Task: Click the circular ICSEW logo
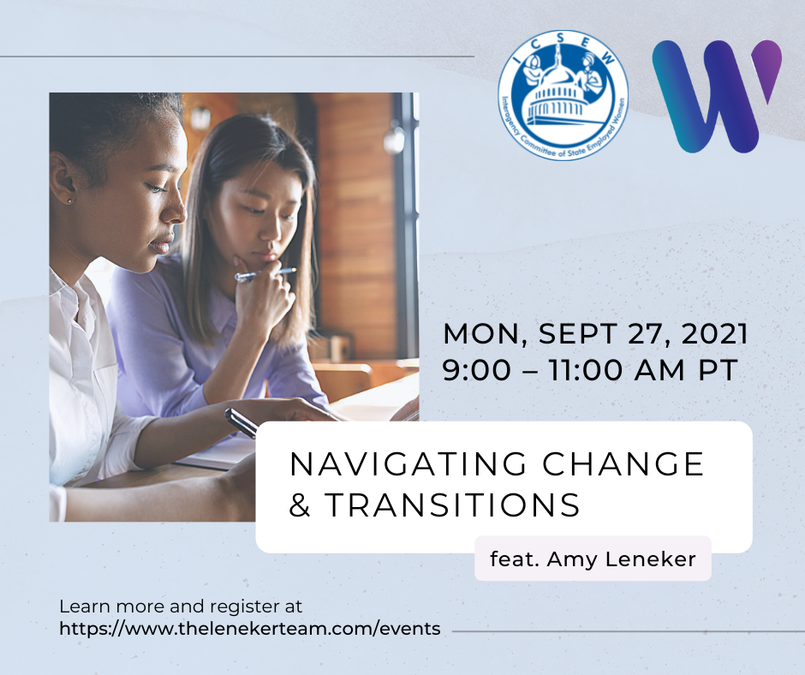click(x=563, y=95)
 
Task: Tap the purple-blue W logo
click(x=717, y=97)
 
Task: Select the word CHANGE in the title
click(x=623, y=464)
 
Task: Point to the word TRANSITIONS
click(x=452, y=505)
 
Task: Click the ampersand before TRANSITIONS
click(x=300, y=505)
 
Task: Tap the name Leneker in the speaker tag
click(x=651, y=559)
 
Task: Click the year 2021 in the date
click(x=714, y=334)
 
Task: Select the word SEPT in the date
click(x=577, y=334)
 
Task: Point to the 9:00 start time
click(x=477, y=370)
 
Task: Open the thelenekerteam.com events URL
click(x=250, y=629)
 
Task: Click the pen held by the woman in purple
click(x=265, y=275)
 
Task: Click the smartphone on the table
click(x=241, y=422)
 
